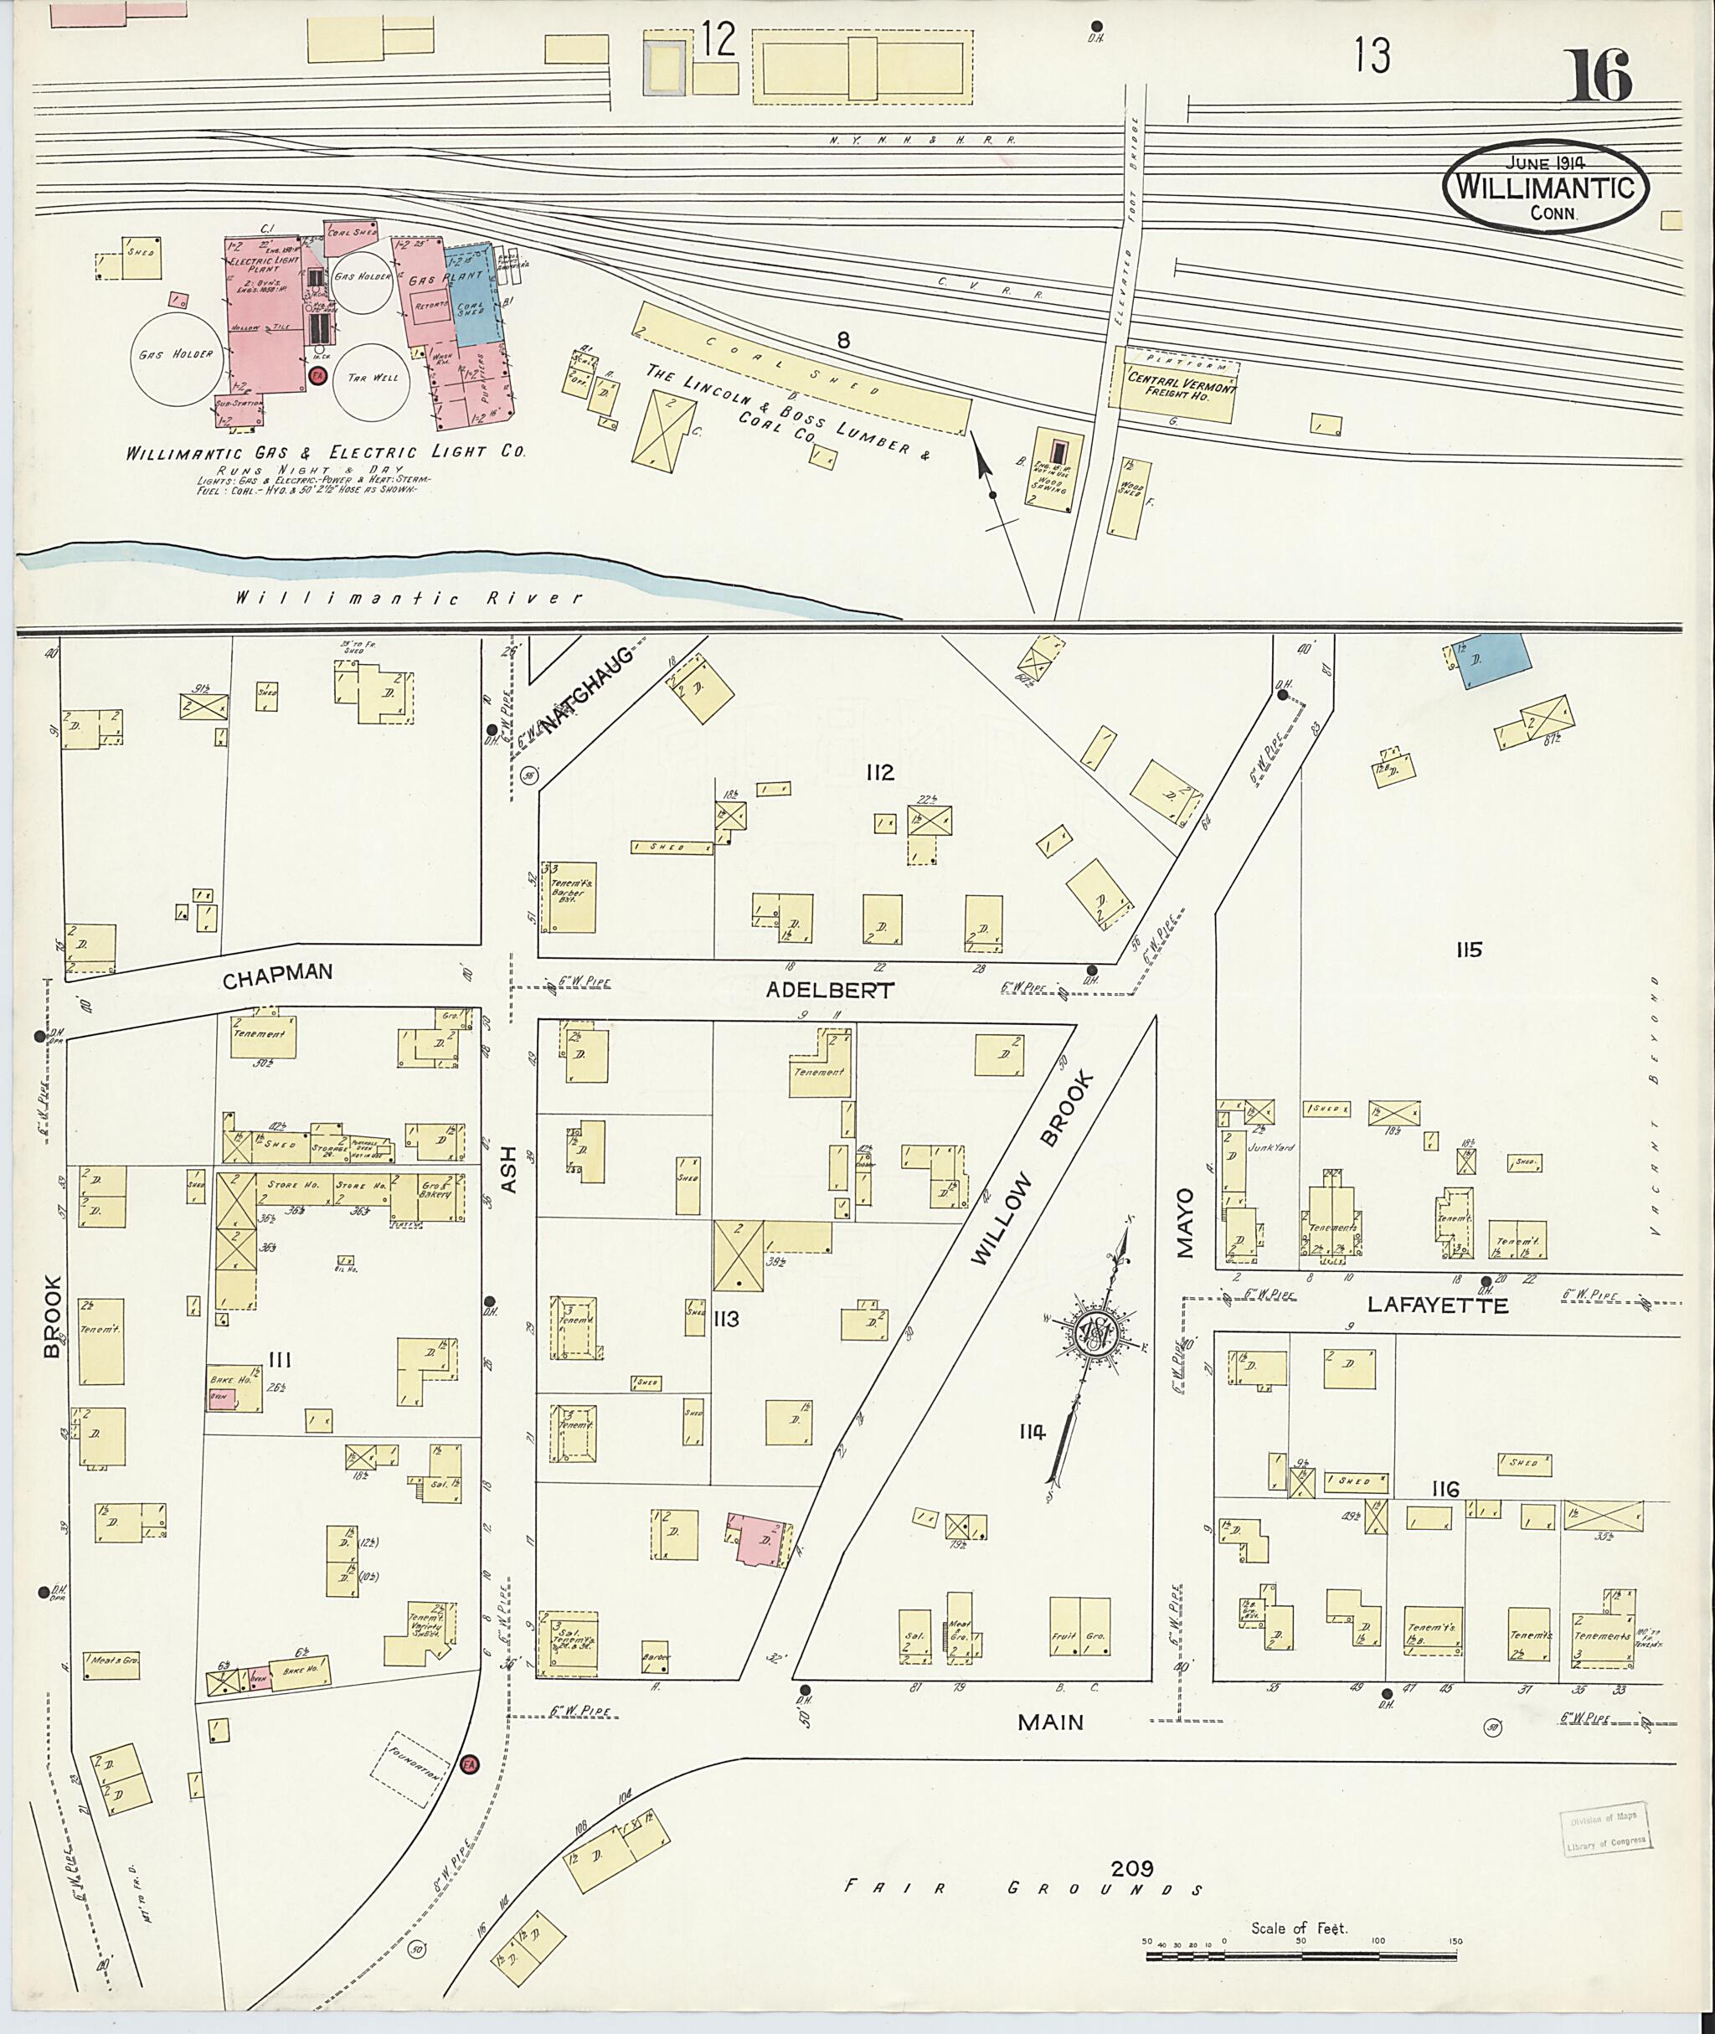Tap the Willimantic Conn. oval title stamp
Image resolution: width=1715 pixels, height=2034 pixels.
click(x=1545, y=189)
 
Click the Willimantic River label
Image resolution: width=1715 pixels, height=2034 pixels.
click(x=409, y=598)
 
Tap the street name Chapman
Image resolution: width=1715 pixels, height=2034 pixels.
click(x=277, y=976)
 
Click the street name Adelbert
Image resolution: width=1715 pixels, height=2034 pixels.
click(x=829, y=989)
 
